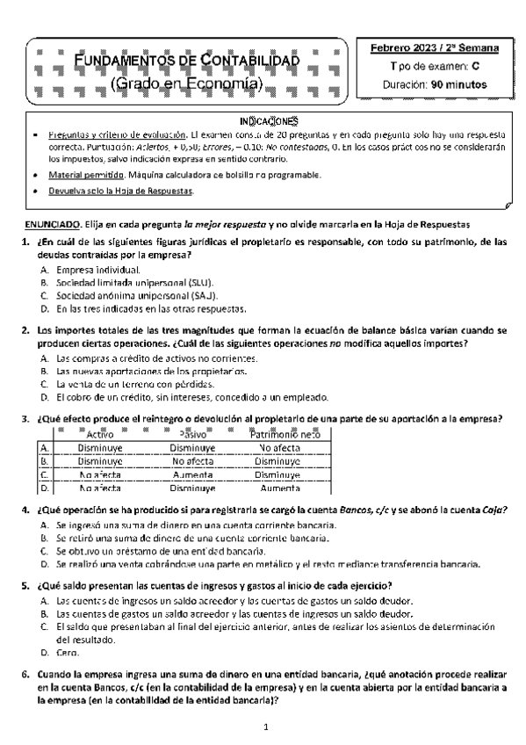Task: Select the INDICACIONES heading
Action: click(270, 120)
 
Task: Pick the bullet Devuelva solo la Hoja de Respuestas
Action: click(121, 191)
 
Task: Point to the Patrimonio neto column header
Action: click(285, 434)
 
